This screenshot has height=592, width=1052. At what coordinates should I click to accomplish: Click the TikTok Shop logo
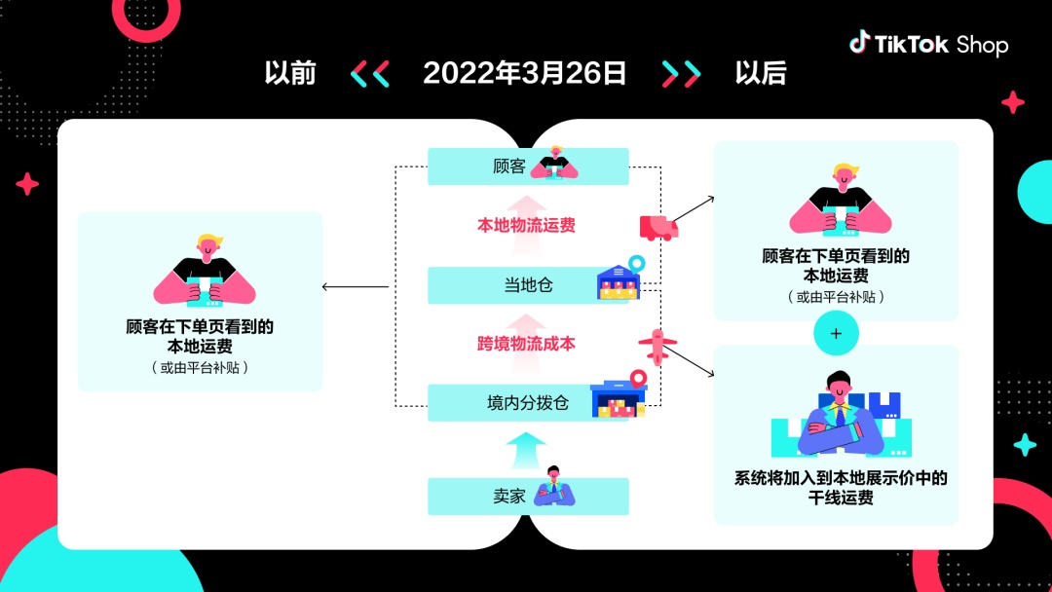tap(927, 44)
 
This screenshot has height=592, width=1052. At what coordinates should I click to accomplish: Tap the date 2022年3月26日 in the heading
tap(525, 73)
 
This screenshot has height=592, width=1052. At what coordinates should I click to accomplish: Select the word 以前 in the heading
tap(290, 73)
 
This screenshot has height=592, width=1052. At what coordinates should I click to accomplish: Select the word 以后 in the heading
tap(761, 73)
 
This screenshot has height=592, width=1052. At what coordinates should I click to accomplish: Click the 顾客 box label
tap(509, 166)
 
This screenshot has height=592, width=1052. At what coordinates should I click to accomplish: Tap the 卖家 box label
tap(509, 496)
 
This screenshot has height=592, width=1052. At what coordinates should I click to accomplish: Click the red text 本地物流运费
tap(526, 226)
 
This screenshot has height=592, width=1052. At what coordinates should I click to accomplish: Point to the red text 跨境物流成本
tap(526, 344)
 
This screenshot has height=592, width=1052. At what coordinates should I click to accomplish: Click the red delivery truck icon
tap(658, 228)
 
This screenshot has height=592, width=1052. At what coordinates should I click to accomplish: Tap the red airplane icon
tap(657, 345)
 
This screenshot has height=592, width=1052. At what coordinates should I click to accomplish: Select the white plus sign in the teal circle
tap(836, 333)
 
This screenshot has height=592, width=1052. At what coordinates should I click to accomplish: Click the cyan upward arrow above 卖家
tap(526, 450)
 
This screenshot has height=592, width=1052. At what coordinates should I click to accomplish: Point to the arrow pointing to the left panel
tap(355, 286)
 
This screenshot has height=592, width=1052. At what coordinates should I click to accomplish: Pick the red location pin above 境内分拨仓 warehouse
tap(638, 378)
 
